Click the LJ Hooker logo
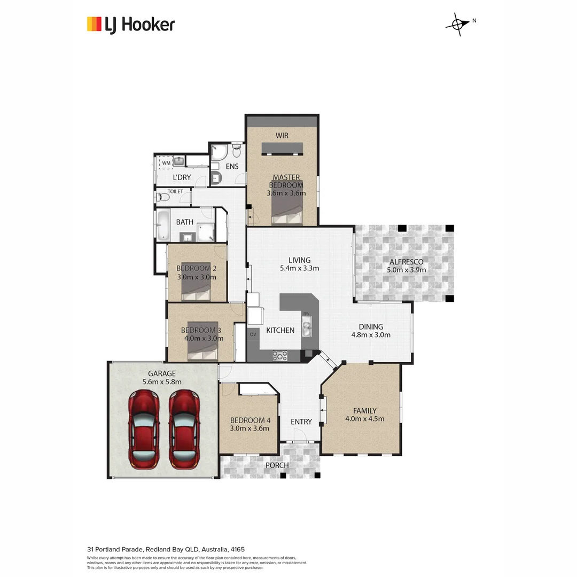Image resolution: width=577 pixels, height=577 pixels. click(131, 25)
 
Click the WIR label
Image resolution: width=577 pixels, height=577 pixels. click(282, 136)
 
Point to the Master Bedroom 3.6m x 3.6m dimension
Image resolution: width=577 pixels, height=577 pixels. click(286, 193)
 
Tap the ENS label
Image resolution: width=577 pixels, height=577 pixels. click(232, 166)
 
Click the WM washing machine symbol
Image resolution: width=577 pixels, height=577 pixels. click(166, 162)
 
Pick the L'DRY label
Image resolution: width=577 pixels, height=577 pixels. click(182, 177)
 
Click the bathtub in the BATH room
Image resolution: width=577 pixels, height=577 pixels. click(162, 223)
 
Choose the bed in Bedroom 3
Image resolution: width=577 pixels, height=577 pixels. click(203, 349)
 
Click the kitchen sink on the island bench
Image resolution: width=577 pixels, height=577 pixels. click(307, 326)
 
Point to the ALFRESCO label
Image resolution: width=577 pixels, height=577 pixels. click(406, 262)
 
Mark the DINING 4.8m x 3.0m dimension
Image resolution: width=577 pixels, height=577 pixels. click(371, 336)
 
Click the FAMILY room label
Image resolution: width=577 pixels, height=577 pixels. click(364, 411)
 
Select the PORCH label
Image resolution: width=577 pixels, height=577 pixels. click(277, 465)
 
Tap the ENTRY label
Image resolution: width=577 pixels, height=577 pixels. click(301, 422)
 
